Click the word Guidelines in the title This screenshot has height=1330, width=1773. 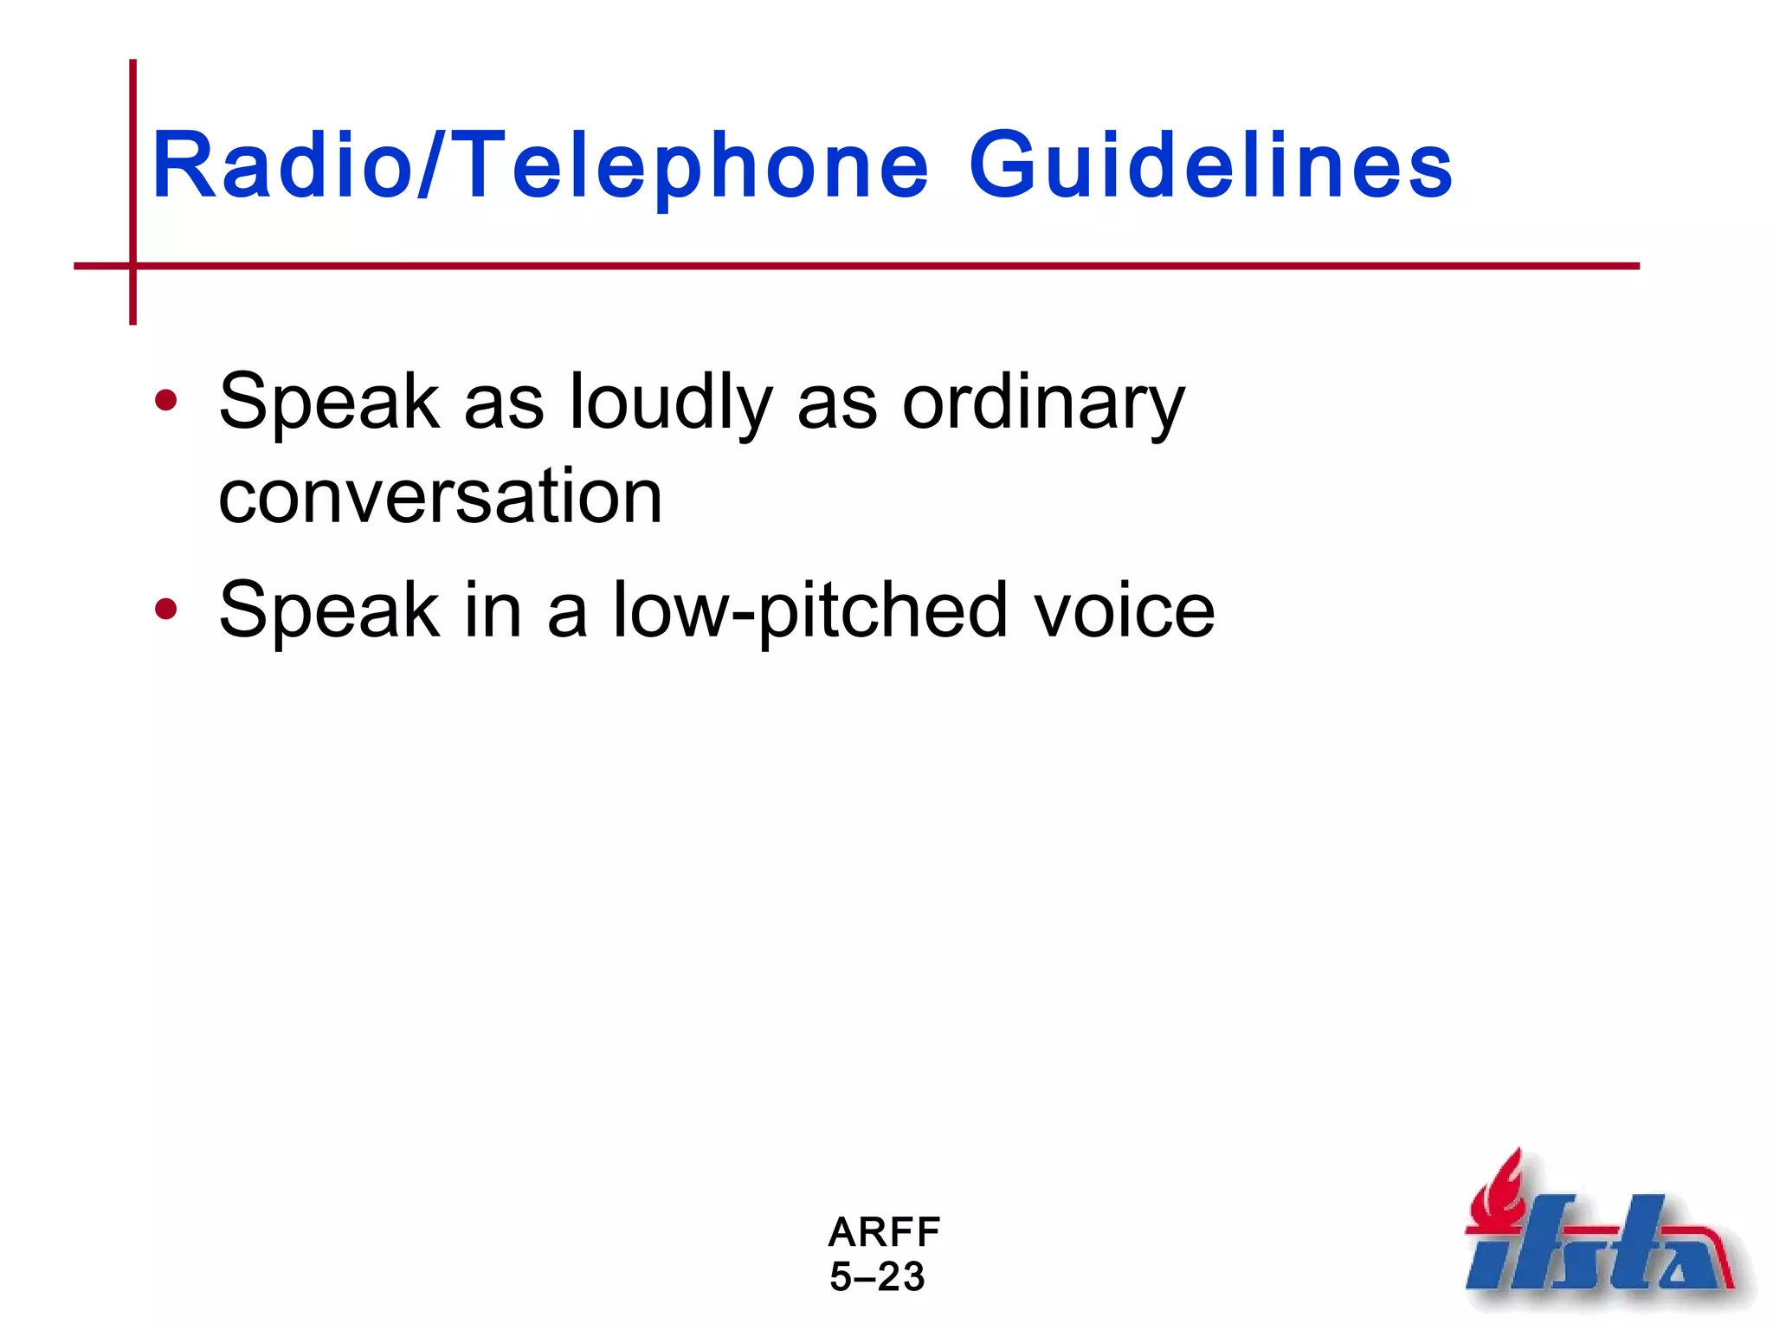(x=1210, y=165)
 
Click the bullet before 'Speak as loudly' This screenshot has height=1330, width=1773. (x=165, y=401)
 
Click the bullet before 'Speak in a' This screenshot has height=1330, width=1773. (x=165, y=610)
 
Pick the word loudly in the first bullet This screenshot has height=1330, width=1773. (x=670, y=403)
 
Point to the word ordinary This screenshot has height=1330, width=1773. (x=1042, y=403)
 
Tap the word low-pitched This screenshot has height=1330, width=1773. (x=809, y=611)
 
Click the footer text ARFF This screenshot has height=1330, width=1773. (x=884, y=1231)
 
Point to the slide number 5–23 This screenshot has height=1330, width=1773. (x=877, y=1276)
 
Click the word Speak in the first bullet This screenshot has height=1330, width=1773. (x=328, y=403)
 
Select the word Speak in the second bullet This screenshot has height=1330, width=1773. (x=328, y=611)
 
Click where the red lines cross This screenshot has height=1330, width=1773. (x=133, y=266)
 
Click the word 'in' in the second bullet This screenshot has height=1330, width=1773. (x=493, y=611)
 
